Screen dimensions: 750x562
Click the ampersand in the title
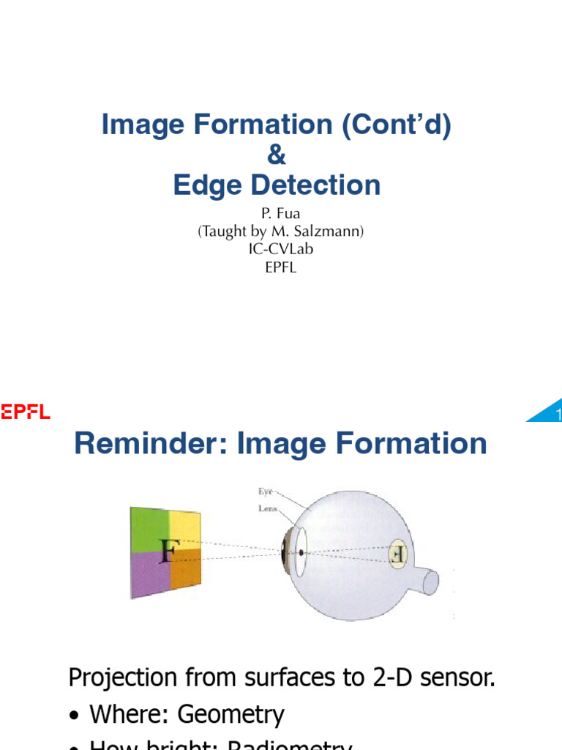[277, 156]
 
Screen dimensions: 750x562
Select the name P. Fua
[281, 214]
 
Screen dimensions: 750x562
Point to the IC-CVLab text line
[281, 249]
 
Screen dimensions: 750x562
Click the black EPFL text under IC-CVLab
[281, 267]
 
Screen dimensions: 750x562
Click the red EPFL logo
[26, 412]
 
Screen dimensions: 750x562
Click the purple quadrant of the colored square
[150, 571]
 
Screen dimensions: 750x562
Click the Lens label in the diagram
[267, 508]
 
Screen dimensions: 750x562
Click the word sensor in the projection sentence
[453, 677]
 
